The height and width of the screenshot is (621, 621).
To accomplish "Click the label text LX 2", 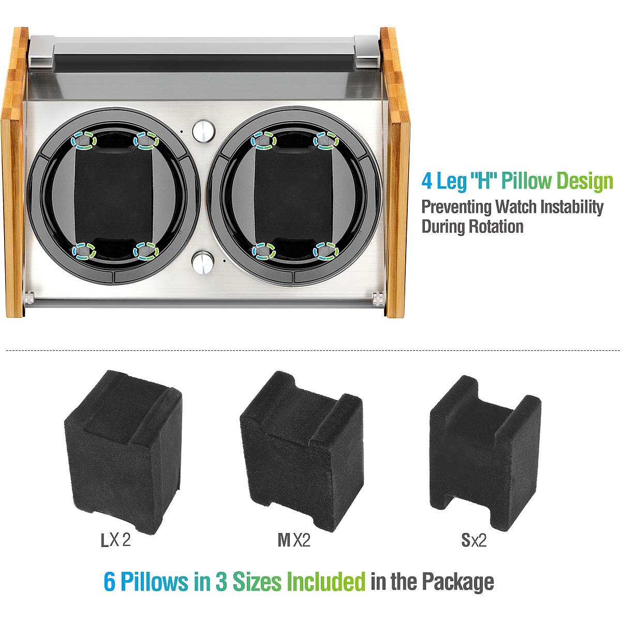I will coord(115,541).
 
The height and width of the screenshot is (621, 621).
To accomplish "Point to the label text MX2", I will coord(294,541).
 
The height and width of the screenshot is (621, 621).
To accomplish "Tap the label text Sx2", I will coord(474,541).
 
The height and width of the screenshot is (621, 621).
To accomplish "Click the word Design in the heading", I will coord(585,182).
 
